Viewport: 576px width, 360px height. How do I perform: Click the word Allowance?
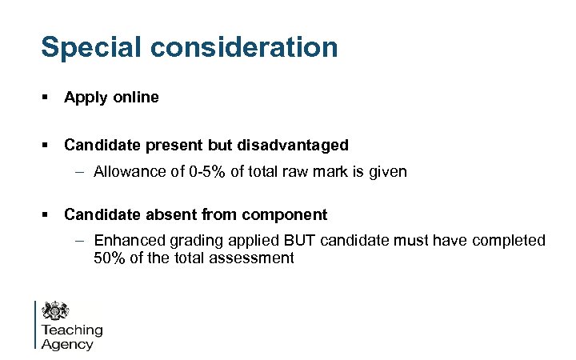129,171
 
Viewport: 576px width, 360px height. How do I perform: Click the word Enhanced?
127,240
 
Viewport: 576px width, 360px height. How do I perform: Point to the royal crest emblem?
56,311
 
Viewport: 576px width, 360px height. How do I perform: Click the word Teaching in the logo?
72,330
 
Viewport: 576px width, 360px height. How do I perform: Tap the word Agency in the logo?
67,344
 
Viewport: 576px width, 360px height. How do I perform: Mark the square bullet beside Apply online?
46,98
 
